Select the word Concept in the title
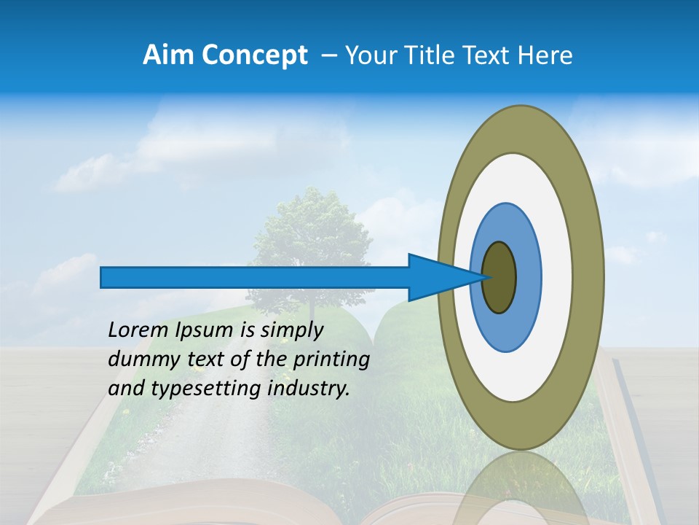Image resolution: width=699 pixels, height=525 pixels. pyautogui.click(x=253, y=55)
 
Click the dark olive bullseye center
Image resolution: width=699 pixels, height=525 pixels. pyautogui.click(x=499, y=278)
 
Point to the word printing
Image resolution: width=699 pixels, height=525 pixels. pyautogui.click(x=331, y=360)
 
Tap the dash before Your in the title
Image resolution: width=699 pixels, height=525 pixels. pyautogui.click(x=329, y=55)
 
